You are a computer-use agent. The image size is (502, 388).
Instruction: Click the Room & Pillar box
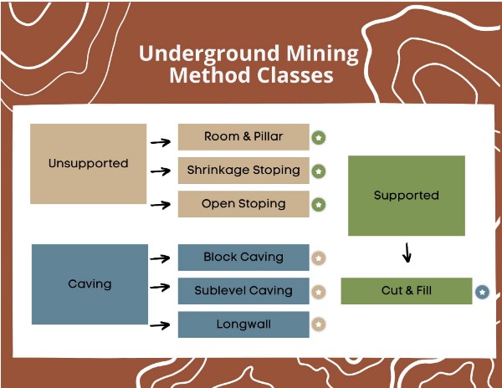(x=243, y=137)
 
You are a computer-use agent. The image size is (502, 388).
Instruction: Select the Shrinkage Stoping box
(x=243, y=171)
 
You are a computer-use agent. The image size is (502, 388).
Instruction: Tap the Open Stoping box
(x=243, y=204)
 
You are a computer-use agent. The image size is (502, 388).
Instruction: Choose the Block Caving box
(x=243, y=258)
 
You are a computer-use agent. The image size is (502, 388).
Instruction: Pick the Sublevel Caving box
(x=243, y=291)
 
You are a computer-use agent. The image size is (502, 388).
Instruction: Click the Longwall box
(x=243, y=324)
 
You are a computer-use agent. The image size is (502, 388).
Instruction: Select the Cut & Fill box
(x=406, y=291)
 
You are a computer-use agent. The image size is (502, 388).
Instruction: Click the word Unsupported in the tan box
(x=88, y=164)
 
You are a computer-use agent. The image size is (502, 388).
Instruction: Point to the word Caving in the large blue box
(x=90, y=284)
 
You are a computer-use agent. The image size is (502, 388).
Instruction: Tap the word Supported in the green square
(x=406, y=196)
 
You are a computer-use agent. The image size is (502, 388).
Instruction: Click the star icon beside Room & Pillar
(x=319, y=137)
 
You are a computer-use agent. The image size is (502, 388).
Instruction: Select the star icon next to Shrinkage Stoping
(x=319, y=171)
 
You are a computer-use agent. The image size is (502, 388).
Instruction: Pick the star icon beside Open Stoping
(x=319, y=205)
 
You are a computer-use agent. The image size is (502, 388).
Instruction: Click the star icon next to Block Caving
(x=319, y=258)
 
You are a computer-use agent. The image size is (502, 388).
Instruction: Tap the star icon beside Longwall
(x=319, y=324)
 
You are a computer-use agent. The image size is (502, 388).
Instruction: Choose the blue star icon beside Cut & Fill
(x=482, y=293)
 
